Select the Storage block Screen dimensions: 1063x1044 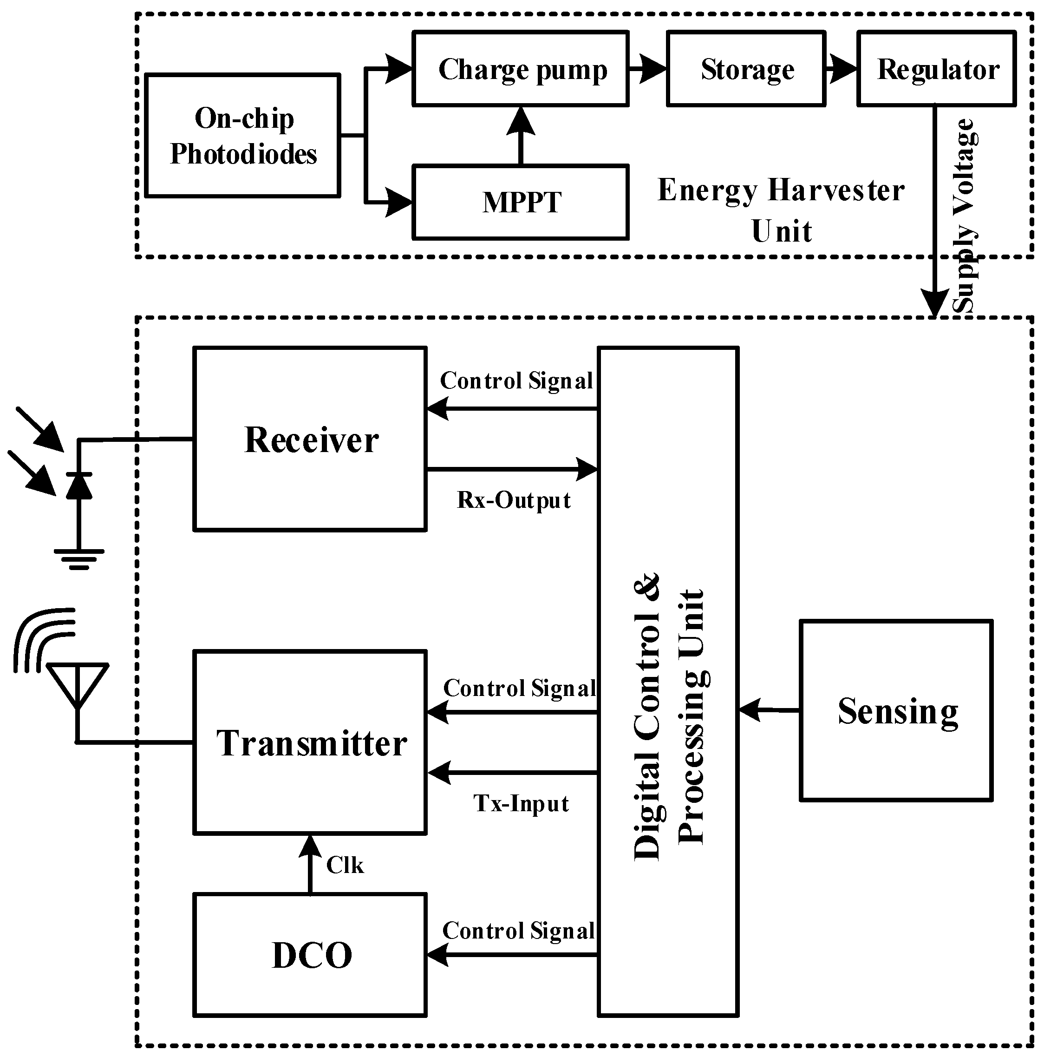pos(746,69)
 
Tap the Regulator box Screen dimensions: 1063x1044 pos(937,69)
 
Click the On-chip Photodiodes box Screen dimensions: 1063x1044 pos(243,136)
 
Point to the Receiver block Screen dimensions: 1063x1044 pos(310,439)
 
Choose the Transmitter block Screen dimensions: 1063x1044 pos(310,743)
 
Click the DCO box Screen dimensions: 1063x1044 pos(310,955)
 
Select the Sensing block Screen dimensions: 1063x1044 pos(896,711)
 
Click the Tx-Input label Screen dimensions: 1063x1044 pos(521,804)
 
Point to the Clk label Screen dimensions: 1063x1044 pos(344,866)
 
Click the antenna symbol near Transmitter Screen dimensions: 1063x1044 pos(77,686)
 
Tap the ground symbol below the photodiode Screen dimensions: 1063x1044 pos(79,559)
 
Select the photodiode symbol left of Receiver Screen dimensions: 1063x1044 pos(79,486)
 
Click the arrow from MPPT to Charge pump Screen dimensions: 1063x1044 pos(520,135)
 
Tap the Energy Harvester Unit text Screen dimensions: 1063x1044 pos(781,210)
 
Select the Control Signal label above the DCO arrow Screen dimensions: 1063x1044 pos(518,931)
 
